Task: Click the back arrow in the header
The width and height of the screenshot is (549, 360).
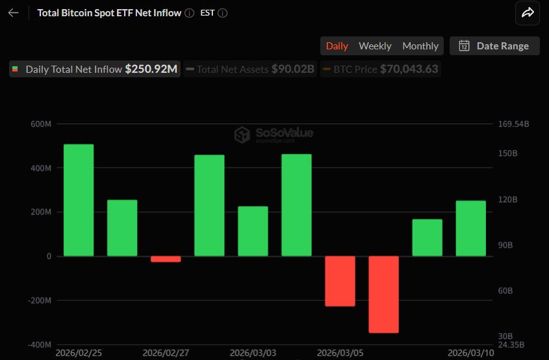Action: (x=13, y=13)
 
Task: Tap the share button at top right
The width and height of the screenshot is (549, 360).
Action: (x=528, y=12)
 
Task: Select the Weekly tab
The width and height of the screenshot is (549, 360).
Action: (x=375, y=45)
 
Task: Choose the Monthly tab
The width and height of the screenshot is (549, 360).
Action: (x=420, y=45)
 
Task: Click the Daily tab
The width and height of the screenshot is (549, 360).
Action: (x=337, y=45)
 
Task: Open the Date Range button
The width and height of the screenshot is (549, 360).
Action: (x=494, y=45)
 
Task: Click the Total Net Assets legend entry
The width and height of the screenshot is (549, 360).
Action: (x=250, y=69)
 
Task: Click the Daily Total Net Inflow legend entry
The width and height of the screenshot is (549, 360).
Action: (x=95, y=69)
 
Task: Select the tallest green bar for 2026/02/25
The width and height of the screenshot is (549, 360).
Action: (x=79, y=200)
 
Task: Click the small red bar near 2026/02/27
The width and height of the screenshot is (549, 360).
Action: (x=166, y=259)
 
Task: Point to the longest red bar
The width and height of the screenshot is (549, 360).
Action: (x=383, y=294)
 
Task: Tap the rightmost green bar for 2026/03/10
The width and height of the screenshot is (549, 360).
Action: (x=470, y=228)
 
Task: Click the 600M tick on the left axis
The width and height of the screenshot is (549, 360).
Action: (x=41, y=124)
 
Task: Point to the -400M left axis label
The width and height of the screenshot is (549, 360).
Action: (x=40, y=344)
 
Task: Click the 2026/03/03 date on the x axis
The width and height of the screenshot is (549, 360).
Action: (x=253, y=353)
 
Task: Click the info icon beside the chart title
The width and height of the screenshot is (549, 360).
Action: (x=189, y=13)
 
